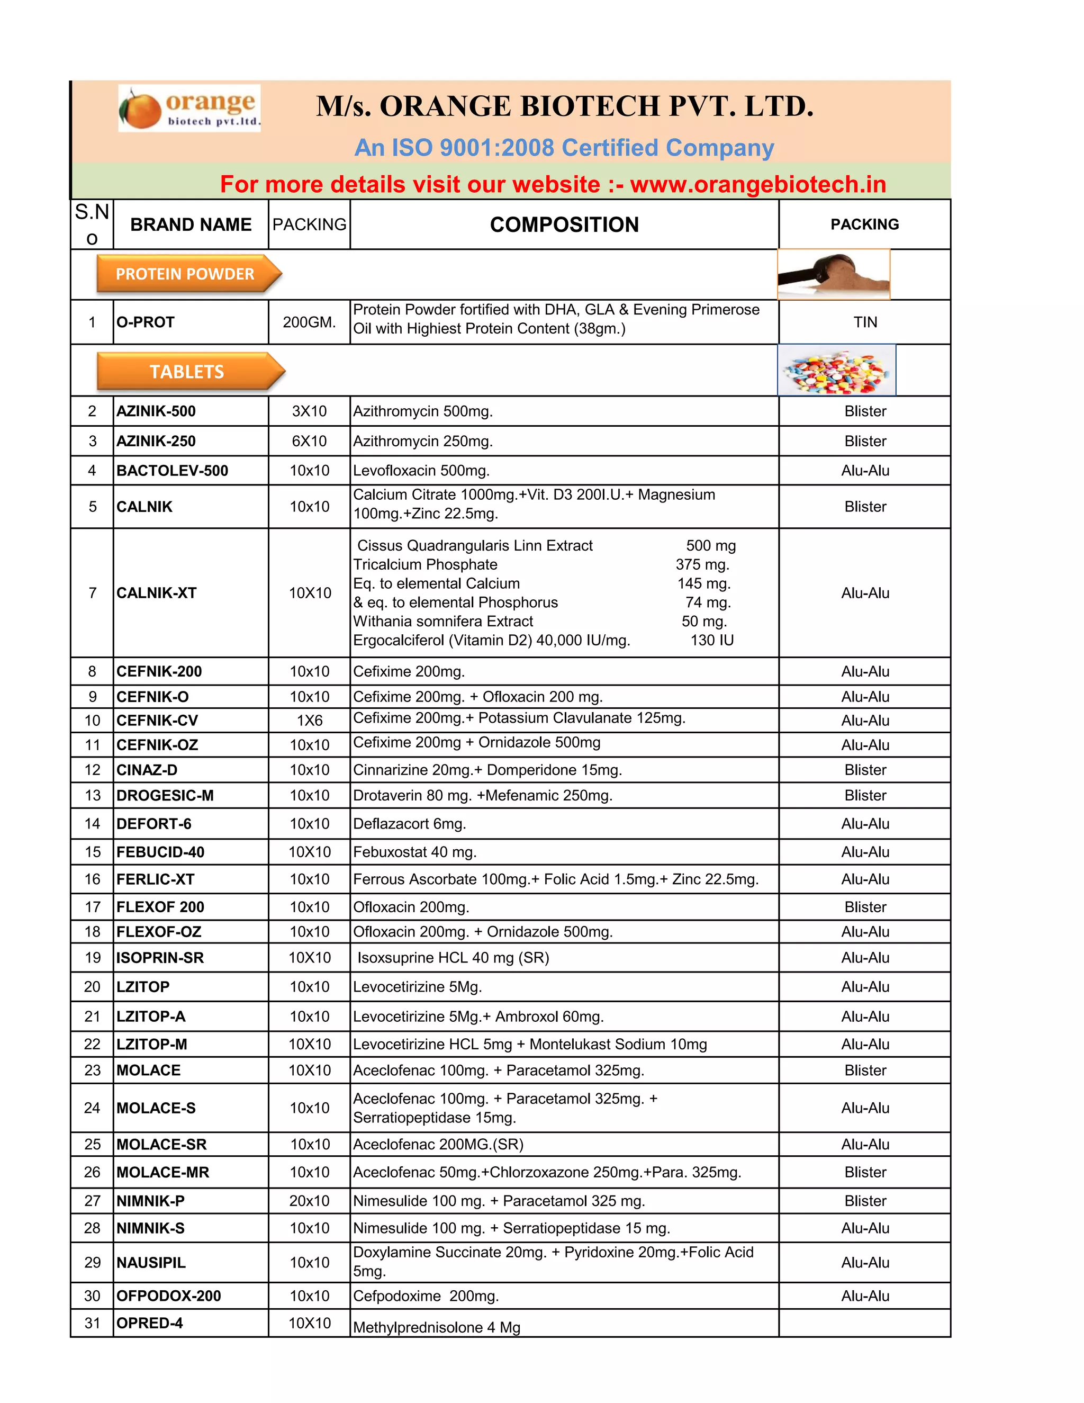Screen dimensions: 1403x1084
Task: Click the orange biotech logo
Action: [x=189, y=108]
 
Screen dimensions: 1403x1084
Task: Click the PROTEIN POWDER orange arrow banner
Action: [x=187, y=274]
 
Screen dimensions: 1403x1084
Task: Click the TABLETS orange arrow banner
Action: [x=189, y=371]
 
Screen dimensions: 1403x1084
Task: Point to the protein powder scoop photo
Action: [x=833, y=274]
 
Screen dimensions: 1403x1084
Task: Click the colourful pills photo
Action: [x=836, y=371]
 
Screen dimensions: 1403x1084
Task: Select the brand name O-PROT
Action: [x=146, y=322]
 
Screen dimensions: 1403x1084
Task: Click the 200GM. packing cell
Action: [x=309, y=322]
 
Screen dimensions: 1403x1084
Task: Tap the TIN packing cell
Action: [x=864, y=322]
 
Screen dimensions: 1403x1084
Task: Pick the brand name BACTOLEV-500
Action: [x=172, y=471]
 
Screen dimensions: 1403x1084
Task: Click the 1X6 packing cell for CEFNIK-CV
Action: [x=309, y=721]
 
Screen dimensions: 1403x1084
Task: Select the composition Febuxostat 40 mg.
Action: [x=414, y=852]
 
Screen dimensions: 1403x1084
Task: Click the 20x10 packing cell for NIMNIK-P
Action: [x=309, y=1201]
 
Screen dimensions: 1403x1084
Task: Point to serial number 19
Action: [x=93, y=958]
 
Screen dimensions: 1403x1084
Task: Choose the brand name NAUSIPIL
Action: [x=151, y=1262]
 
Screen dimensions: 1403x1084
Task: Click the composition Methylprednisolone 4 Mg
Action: [x=437, y=1327]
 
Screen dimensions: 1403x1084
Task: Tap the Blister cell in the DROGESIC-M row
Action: [x=864, y=795]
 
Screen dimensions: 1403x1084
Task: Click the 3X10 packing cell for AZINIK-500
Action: [x=309, y=411]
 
